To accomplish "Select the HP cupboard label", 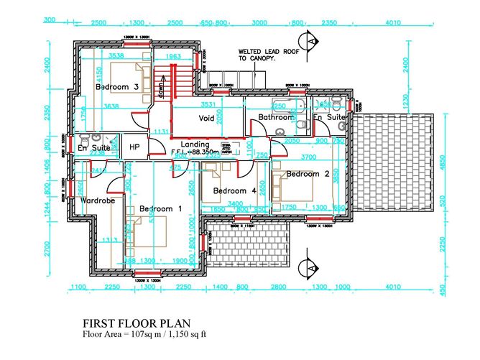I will tap(134, 147).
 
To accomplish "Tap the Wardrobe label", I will tap(98, 200).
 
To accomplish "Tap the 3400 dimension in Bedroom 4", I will tap(234, 204).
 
